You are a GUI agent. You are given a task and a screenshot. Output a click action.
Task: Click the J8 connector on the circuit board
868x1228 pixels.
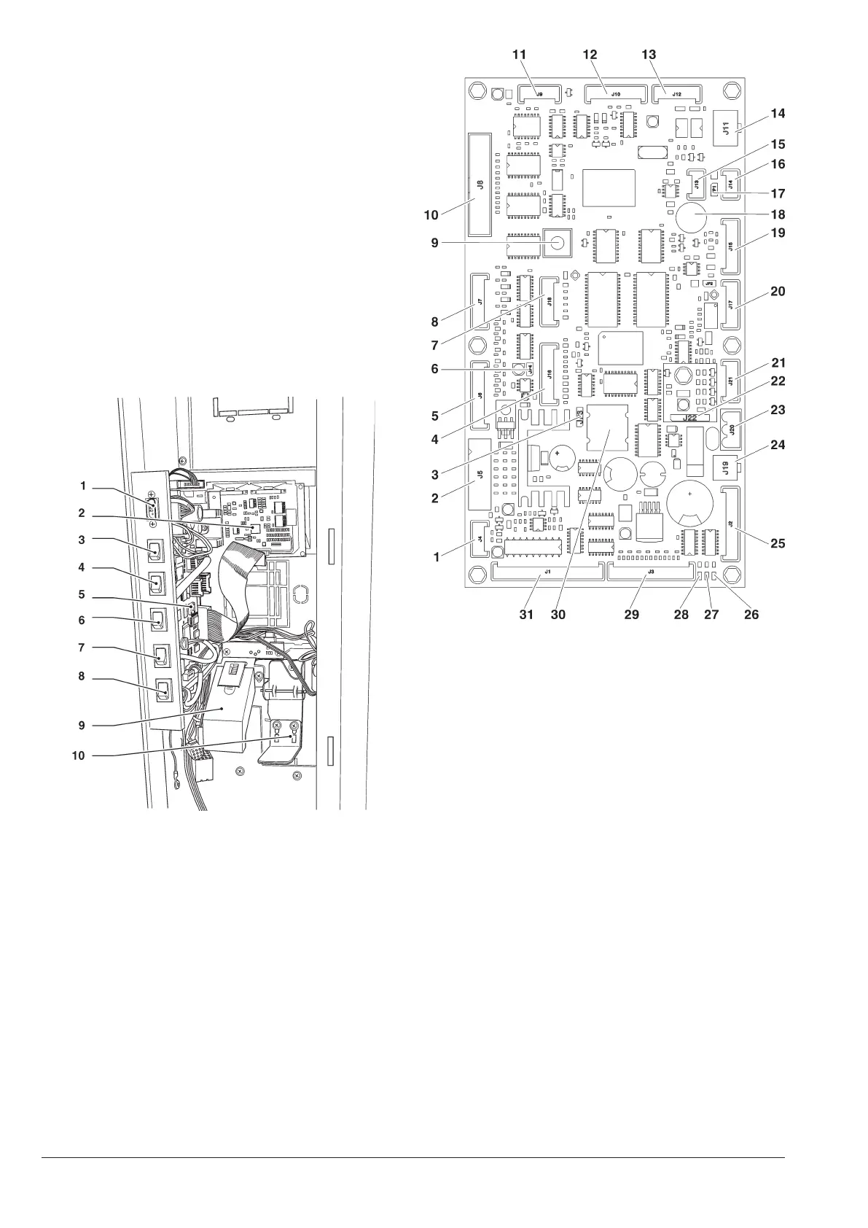(x=479, y=184)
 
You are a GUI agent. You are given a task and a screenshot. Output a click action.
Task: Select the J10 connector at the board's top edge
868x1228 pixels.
(x=616, y=94)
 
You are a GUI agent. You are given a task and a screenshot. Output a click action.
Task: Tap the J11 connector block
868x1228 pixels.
(x=726, y=130)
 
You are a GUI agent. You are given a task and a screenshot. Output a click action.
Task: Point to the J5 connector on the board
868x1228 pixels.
(x=479, y=475)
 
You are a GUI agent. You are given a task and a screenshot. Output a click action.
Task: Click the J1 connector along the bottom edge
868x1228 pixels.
(x=547, y=572)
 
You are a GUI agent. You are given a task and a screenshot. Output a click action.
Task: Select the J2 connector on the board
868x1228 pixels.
(x=731, y=524)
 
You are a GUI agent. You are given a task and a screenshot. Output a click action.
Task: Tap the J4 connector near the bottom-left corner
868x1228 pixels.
(x=480, y=539)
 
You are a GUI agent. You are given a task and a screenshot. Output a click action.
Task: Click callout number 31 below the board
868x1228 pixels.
(x=526, y=615)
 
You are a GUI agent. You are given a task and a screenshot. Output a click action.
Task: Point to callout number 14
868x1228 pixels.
(x=778, y=114)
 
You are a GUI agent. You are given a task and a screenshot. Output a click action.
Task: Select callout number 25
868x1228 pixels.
(x=778, y=543)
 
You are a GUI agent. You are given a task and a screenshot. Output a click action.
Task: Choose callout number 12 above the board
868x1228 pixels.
(x=590, y=55)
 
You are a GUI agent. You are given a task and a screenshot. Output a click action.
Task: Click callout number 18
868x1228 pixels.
(x=778, y=214)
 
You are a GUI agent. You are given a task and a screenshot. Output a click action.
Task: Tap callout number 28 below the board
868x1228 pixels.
(x=681, y=615)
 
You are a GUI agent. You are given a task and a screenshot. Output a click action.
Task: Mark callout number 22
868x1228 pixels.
(x=778, y=381)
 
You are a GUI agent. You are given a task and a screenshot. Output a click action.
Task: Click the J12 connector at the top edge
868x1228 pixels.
(x=676, y=94)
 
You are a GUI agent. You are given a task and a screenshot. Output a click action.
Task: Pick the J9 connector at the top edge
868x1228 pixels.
(x=539, y=94)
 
